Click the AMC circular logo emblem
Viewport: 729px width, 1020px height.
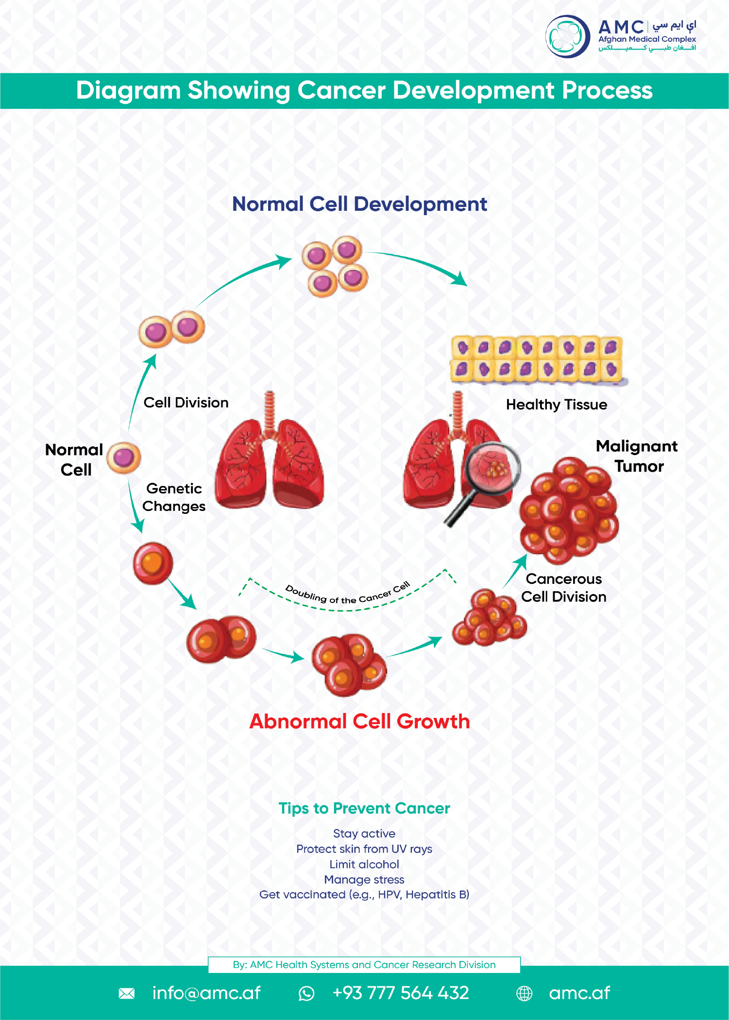click(x=567, y=36)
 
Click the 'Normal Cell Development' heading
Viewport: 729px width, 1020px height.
click(x=359, y=204)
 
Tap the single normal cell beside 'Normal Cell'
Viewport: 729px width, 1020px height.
click(x=124, y=458)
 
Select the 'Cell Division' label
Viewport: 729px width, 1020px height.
click(x=186, y=403)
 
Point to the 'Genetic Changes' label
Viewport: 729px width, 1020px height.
click(x=174, y=497)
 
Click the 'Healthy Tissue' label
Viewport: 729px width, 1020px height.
click(x=557, y=405)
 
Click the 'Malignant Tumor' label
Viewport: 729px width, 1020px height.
click(x=637, y=456)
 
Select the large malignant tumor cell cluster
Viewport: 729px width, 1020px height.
click(x=569, y=510)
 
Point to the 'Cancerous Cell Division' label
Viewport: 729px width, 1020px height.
click(x=564, y=588)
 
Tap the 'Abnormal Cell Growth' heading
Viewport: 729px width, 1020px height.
click(x=359, y=721)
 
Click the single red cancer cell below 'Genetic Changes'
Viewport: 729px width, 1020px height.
click(x=153, y=563)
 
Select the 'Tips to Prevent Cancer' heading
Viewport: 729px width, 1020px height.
click(x=364, y=808)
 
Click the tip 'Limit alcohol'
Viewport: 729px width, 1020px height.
click(x=364, y=864)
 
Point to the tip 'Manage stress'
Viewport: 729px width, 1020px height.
click(x=364, y=879)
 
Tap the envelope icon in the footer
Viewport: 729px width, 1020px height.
click(x=127, y=993)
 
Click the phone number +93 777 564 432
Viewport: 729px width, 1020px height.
click(x=401, y=993)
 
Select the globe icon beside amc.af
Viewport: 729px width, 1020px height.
click(x=524, y=993)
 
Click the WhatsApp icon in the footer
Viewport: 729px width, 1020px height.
click(x=306, y=993)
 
